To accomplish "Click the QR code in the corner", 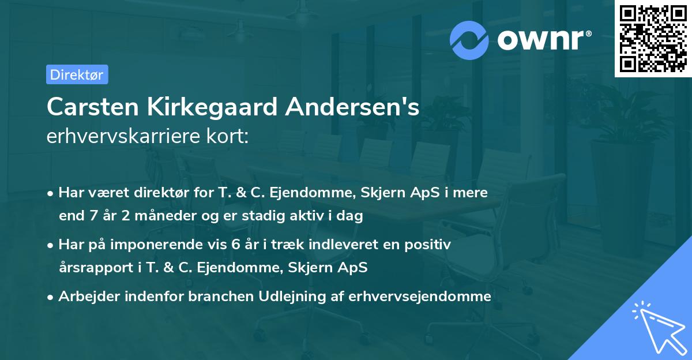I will [x=653, y=39].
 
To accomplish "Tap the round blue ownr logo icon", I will [x=470, y=40].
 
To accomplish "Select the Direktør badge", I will [x=77, y=74].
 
